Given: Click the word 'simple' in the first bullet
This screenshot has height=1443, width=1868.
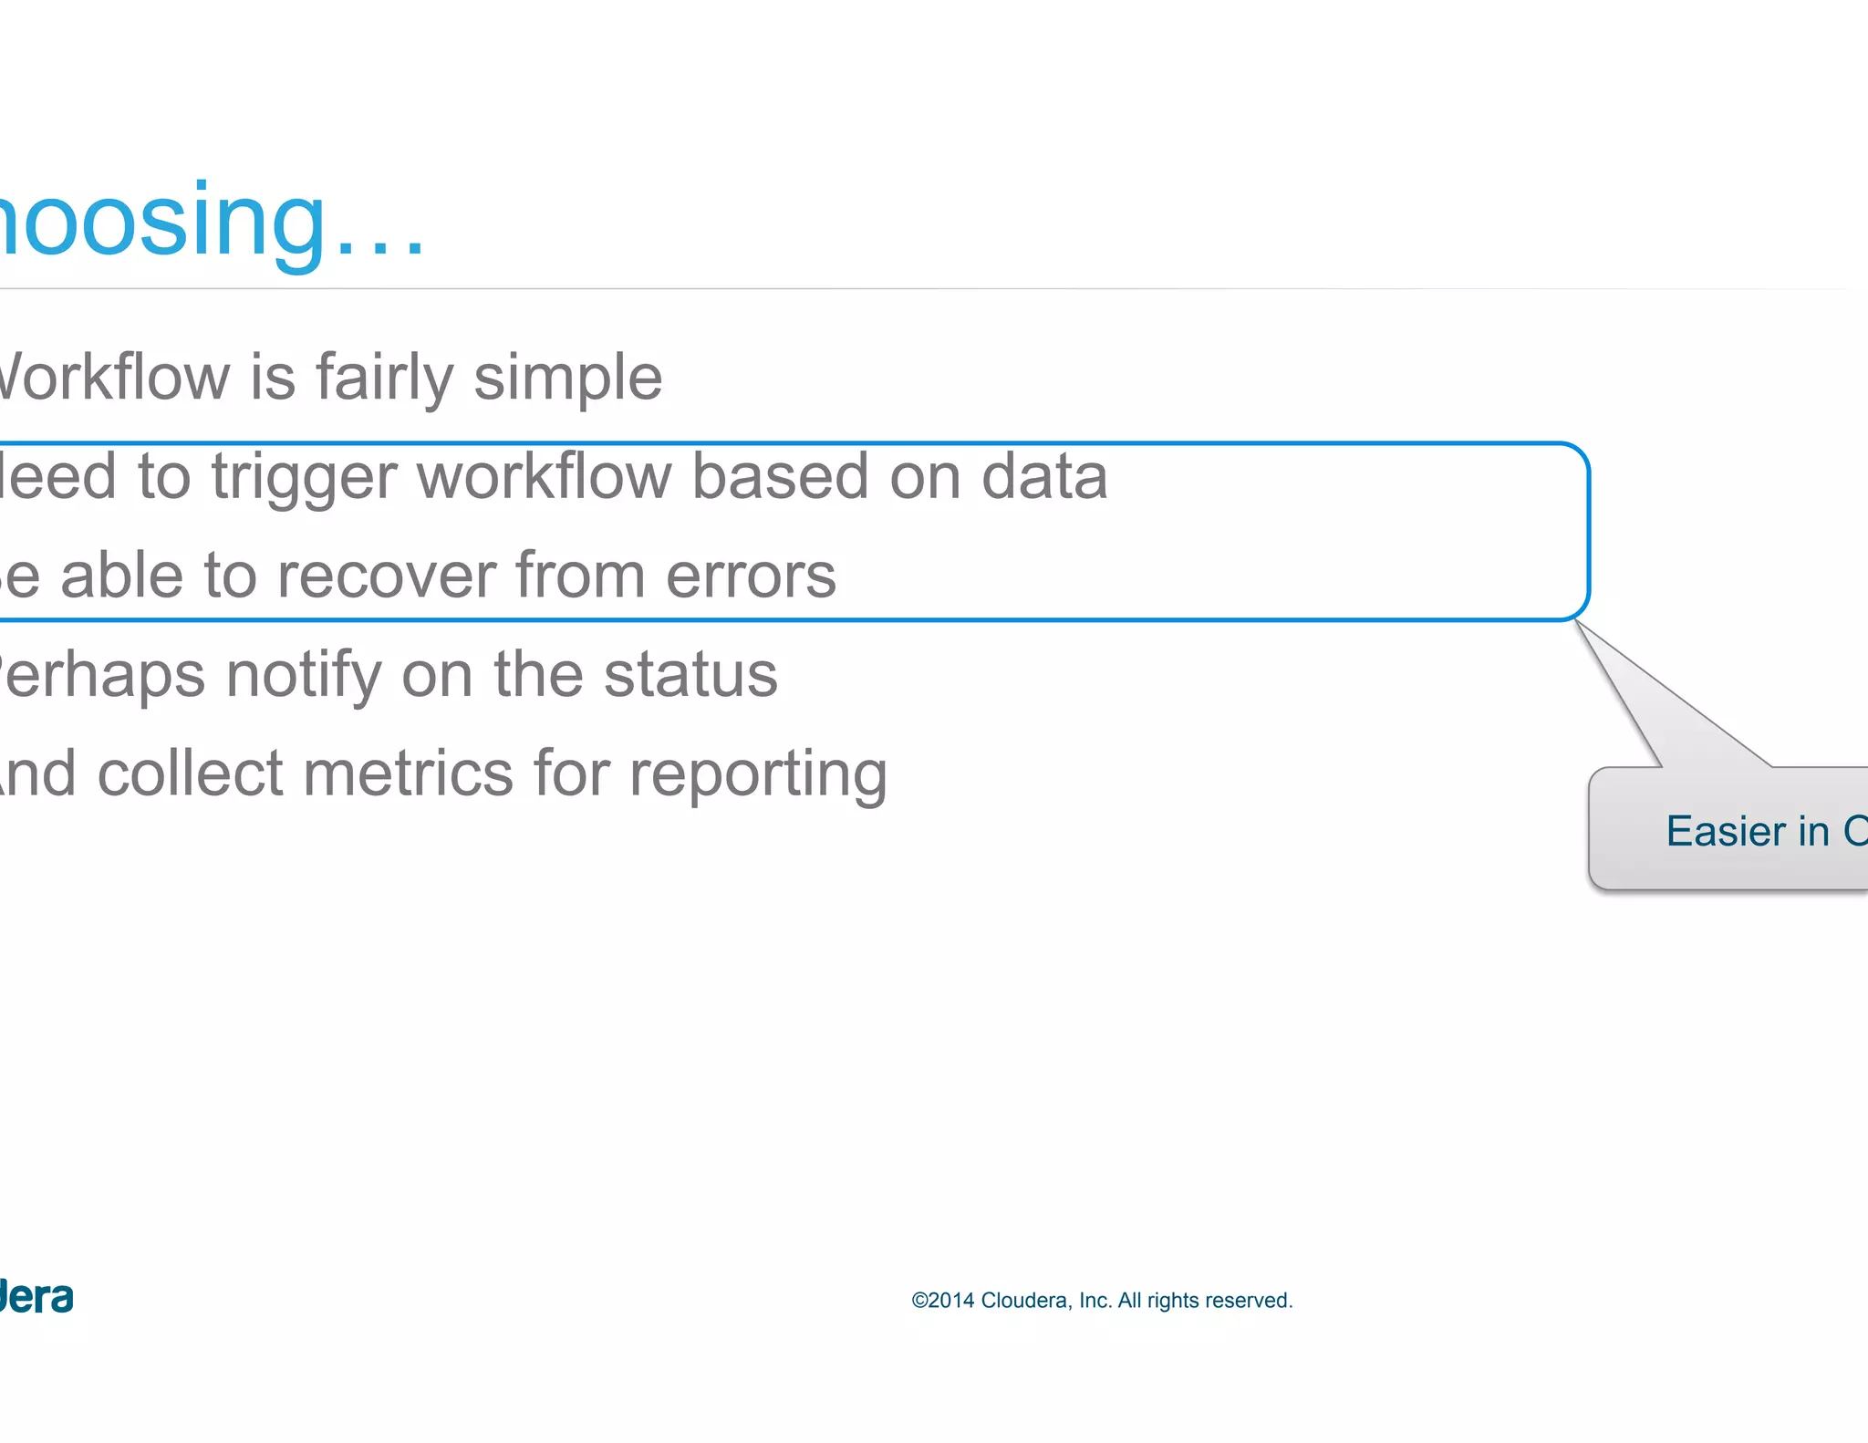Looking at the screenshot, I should (x=567, y=379).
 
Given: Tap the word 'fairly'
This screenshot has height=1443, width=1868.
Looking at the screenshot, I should (x=384, y=379).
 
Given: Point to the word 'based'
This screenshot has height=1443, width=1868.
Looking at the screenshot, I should (x=779, y=476).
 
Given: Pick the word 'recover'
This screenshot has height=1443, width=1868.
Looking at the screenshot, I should (x=386, y=576).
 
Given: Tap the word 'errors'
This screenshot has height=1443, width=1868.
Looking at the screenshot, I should (x=751, y=577).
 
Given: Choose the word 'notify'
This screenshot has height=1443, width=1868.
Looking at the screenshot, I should (x=303, y=676).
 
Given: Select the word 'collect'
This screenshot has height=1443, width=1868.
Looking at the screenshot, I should (x=190, y=773).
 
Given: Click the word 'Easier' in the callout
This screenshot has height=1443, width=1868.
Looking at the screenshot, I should (x=1726, y=831).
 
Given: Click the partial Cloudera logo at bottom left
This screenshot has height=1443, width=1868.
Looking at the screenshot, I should (x=36, y=1297).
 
